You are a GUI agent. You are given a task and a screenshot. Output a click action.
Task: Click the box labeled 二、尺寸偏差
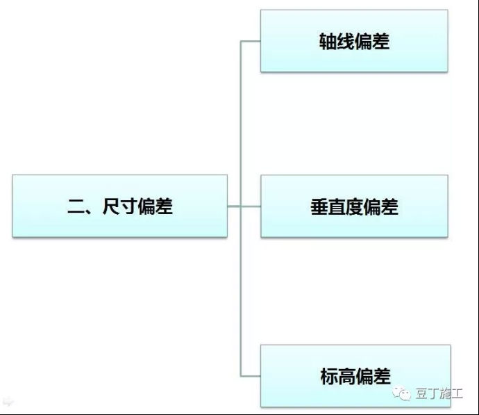pos(119,206)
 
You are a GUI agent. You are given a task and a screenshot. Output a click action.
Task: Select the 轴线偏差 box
pos(354,41)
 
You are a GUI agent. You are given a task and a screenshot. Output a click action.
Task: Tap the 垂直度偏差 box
pos(354,206)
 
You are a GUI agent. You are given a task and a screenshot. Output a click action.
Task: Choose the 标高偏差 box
pos(355,376)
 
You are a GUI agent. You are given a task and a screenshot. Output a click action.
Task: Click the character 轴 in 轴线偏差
pos(328,41)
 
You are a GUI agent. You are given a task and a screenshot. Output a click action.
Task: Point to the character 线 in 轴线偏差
pos(346,41)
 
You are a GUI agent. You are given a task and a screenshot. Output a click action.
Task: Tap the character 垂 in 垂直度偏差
pos(319,207)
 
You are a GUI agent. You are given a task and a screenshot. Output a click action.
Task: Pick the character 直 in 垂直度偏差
pos(337,207)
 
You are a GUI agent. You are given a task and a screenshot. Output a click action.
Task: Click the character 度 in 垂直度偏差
pos(354,207)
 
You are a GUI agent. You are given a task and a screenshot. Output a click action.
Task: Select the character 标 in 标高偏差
pos(329,377)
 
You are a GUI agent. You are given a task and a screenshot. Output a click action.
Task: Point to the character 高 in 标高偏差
pos(346,377)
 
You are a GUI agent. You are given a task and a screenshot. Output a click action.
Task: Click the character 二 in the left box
pos(76,206)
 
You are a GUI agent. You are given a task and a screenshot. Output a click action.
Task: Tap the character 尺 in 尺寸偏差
pos(111,206)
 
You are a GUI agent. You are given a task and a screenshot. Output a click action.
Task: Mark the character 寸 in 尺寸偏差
pos(128,206)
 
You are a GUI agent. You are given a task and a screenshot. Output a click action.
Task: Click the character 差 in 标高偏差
pos(382,377)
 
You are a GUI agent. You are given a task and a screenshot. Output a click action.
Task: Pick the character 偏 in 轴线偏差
pos(363,41)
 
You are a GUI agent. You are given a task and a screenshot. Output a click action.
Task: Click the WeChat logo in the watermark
pos(402,393)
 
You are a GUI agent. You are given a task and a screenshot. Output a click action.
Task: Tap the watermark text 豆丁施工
pos(439,393)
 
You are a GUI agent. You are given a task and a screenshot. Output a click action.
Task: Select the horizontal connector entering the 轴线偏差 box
pos(251,41)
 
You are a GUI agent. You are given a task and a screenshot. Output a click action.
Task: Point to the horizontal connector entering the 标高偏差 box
pos(251,376)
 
